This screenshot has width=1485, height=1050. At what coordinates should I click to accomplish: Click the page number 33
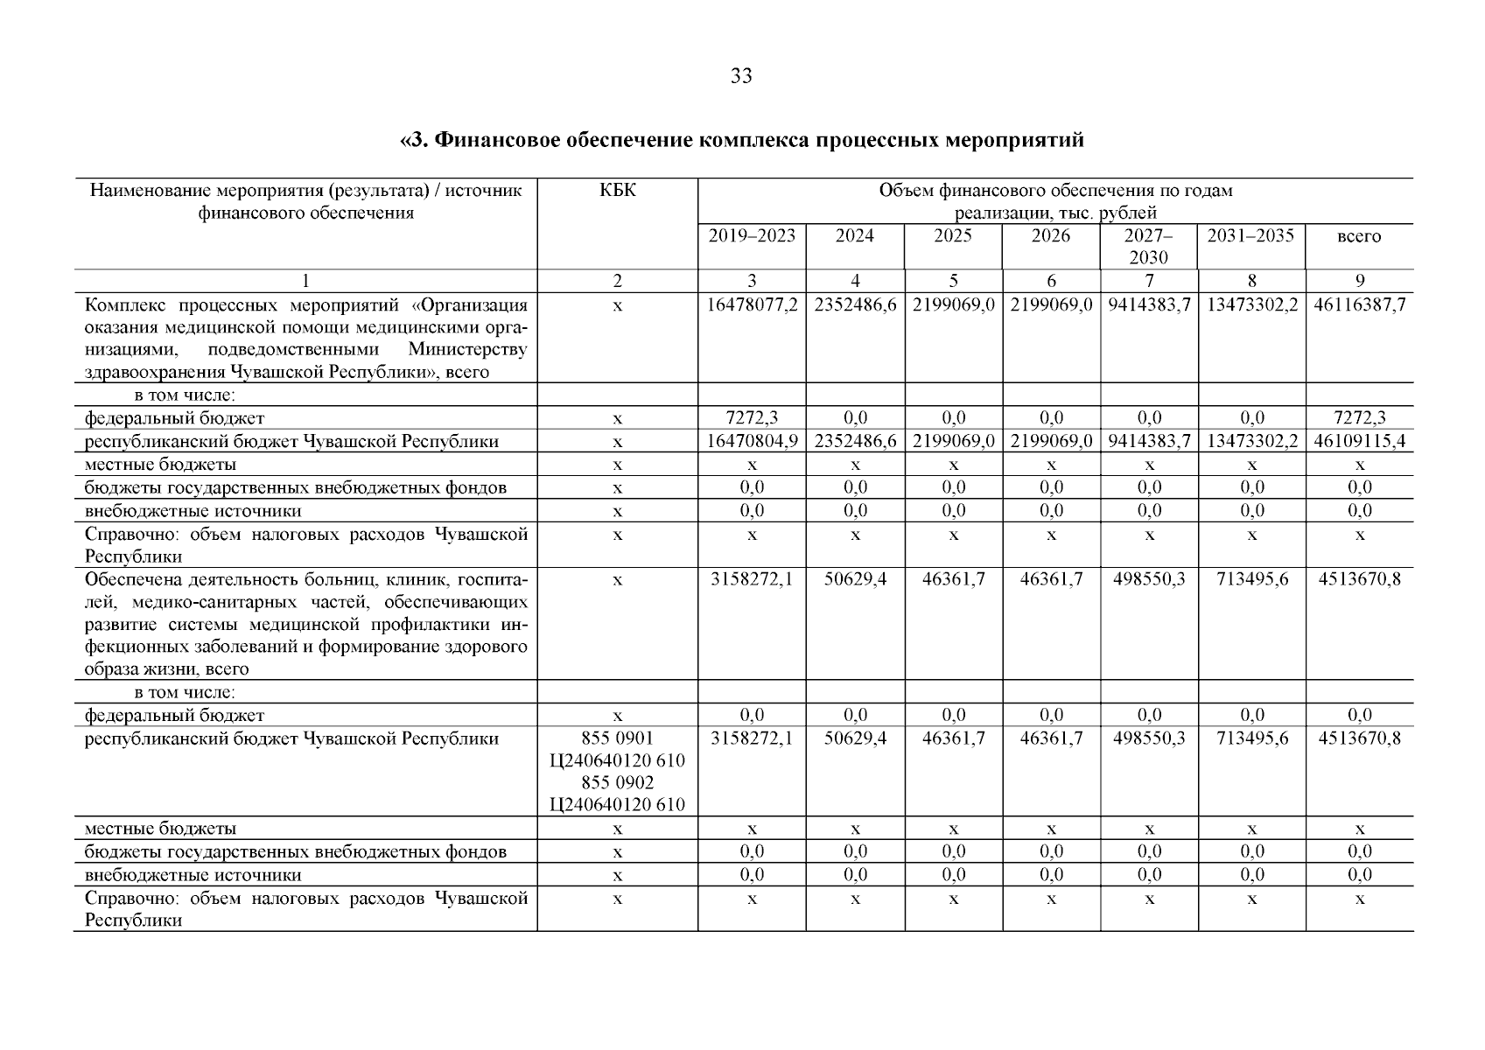(x=740, y=77)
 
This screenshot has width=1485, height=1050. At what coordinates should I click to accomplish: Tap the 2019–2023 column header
(x=752, y=235)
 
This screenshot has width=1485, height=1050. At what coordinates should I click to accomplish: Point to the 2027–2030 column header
(x=1148, y=246)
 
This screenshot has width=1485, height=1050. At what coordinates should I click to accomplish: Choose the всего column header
(x=1359, y=236)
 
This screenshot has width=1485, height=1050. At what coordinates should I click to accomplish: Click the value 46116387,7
(x=1359, y=305)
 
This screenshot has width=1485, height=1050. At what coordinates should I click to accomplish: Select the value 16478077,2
(x=752, y=305)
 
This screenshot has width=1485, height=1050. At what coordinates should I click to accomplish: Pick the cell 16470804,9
(x=752, y=441)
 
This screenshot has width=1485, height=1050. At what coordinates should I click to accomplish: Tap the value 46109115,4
(x=1359, y=441)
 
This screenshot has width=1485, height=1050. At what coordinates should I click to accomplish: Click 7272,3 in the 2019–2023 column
(x=752, y=418)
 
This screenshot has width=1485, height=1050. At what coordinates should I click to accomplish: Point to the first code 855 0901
(x=617, y=738)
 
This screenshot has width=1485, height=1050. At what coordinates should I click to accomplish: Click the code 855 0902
(x=617, y=782)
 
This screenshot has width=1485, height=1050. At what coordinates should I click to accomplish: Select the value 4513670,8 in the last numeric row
(x=1359, y=738)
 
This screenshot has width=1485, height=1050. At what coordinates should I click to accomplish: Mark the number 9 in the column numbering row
(x=1359, y=281)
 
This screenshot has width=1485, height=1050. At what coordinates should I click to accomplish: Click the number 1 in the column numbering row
(x=305, y=281)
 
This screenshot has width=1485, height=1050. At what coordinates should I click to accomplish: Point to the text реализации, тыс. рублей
(x=1054, y=213)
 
